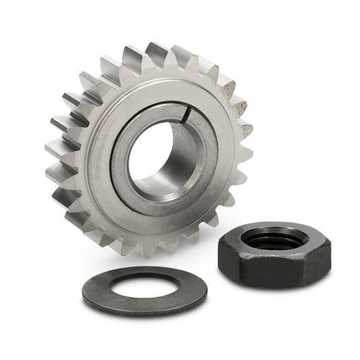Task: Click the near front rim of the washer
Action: click(x=145, y=307)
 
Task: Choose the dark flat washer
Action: click(x=101, y=290)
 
